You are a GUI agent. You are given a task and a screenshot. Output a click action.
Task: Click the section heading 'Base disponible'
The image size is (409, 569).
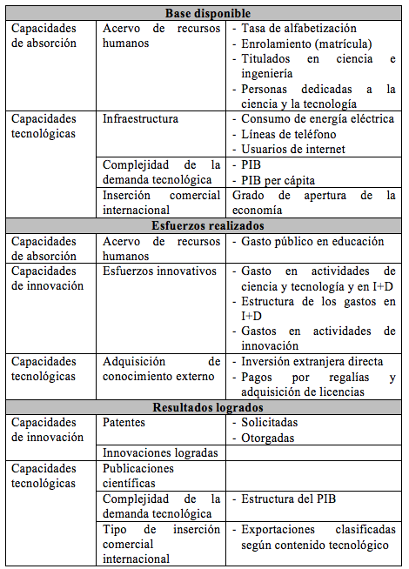(x=207, y=13)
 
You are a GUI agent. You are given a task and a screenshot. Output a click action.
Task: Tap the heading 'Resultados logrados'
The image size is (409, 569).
(x=207, y=406)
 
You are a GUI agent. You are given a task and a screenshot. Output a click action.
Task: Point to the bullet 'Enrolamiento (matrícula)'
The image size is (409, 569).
(x=305, y=44)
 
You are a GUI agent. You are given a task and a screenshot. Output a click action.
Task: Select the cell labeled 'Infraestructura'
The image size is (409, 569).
(x=140, y=118)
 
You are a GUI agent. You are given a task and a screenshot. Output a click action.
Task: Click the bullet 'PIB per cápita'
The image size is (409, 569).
(x=277, y=179)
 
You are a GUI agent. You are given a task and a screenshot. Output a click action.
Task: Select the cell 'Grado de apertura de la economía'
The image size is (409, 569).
(x=313, y=202)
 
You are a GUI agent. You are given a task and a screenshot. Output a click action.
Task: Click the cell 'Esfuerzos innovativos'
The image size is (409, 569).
(x=158, y=271)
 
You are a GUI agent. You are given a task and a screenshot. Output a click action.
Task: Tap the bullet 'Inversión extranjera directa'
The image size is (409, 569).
(x=312, y=361)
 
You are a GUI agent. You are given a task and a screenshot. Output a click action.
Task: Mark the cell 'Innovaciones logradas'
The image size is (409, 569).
(x=158, y=452)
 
